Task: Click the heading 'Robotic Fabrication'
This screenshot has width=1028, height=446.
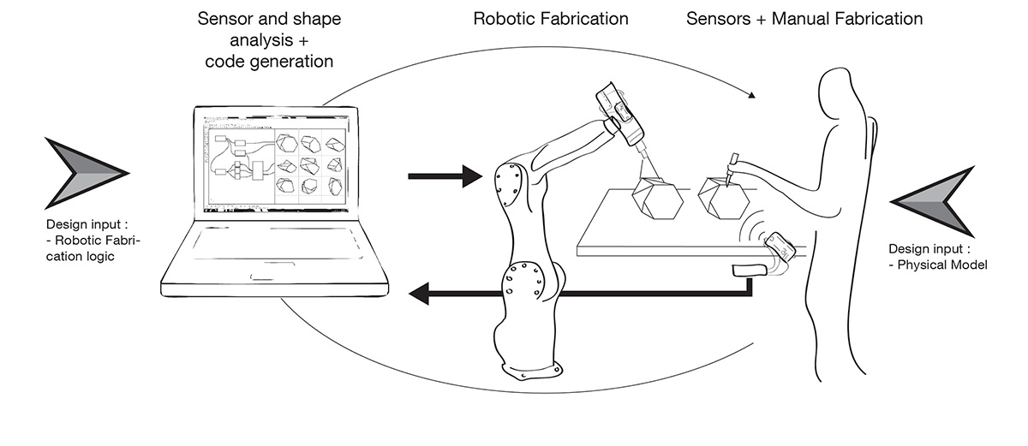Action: [551, 18]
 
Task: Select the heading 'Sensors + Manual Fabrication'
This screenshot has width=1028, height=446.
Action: [804, 18]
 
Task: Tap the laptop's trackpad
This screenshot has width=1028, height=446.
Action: [273, 276]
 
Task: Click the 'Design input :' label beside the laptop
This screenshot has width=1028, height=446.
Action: [87, 226]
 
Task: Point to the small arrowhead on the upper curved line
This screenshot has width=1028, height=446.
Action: [753, 96]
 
